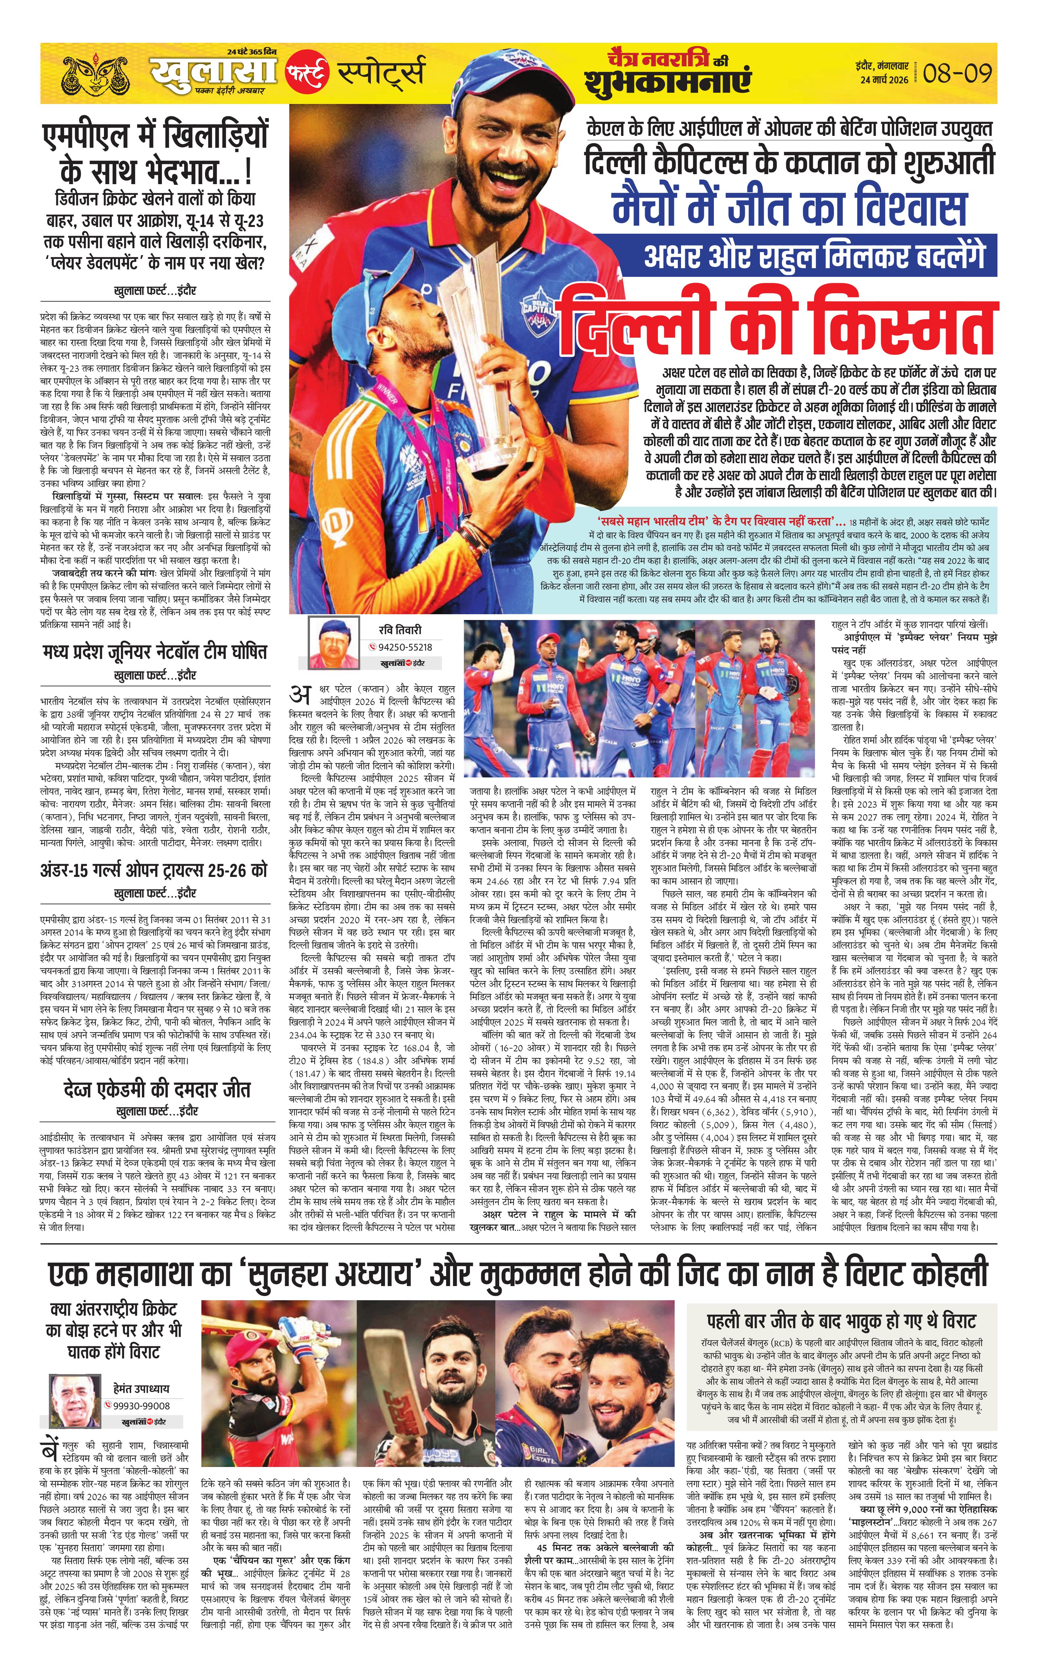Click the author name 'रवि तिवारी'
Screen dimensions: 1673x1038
coord(399,630)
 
